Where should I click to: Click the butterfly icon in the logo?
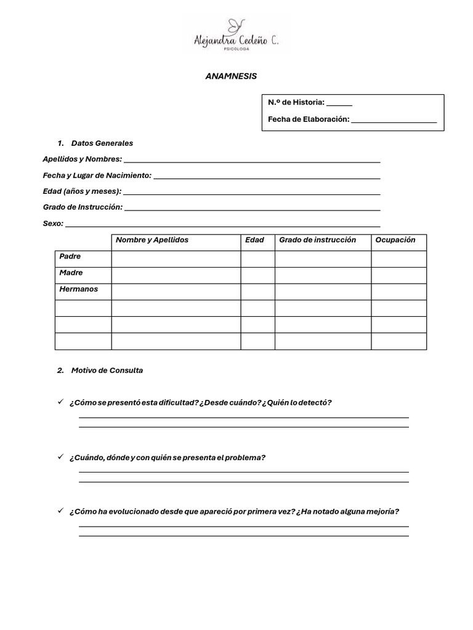click(235, 25)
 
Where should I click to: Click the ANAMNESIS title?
click(230, 76)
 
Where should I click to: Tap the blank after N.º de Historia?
click(339, 103)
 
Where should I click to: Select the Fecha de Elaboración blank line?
click(394, 120)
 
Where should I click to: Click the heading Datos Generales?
click(102, 143)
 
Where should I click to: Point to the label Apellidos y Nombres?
click(82, 159)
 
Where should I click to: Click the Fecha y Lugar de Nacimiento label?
click(97, 175)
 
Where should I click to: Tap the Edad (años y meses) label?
click(82, 191)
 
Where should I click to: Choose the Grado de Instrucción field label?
click(83, 207)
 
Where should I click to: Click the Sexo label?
click(53, 223)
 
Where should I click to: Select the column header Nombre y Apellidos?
click(152, 240)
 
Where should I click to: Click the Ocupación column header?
click(395, 240)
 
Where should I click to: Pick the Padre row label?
click(70, 257)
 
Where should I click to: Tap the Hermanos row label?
click(78, 289)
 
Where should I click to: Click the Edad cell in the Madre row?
click(257, 275)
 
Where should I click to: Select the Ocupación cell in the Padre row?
click(398, 259)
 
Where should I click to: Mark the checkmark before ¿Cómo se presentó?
click(60, 402)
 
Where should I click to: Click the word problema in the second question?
click(245, 458)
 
